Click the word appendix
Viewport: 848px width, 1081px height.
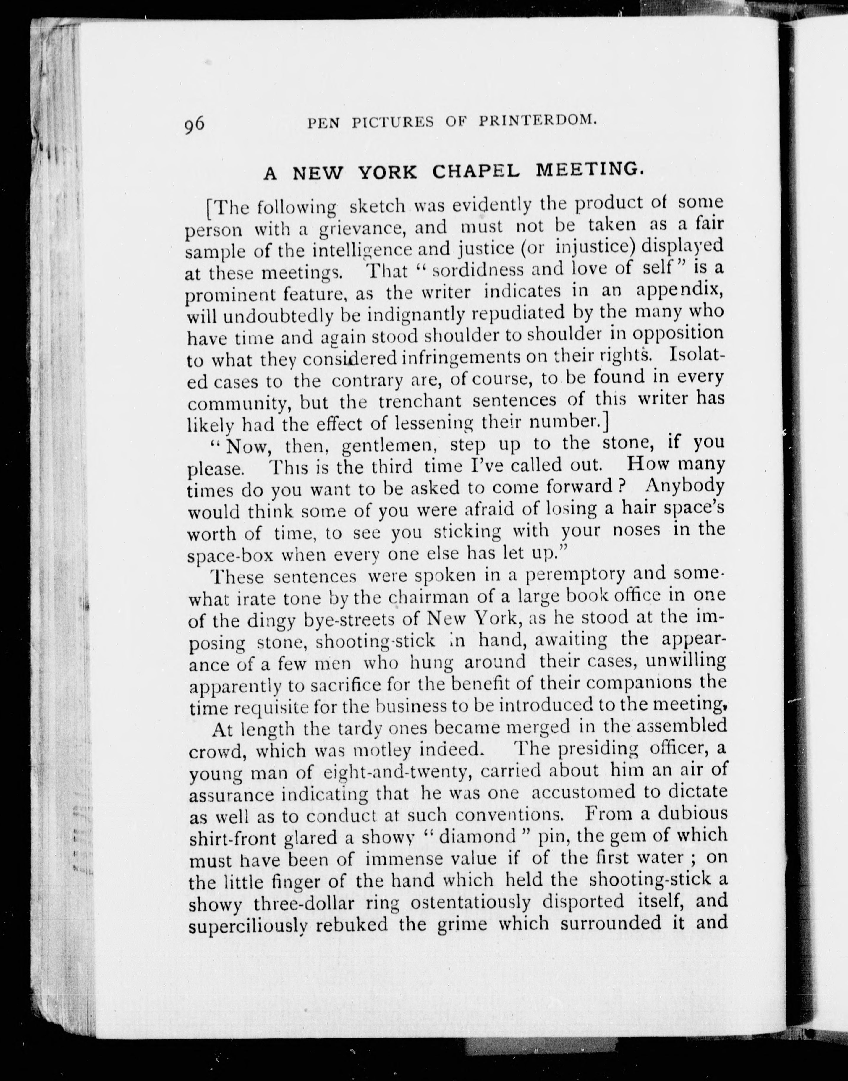[679, 290]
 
